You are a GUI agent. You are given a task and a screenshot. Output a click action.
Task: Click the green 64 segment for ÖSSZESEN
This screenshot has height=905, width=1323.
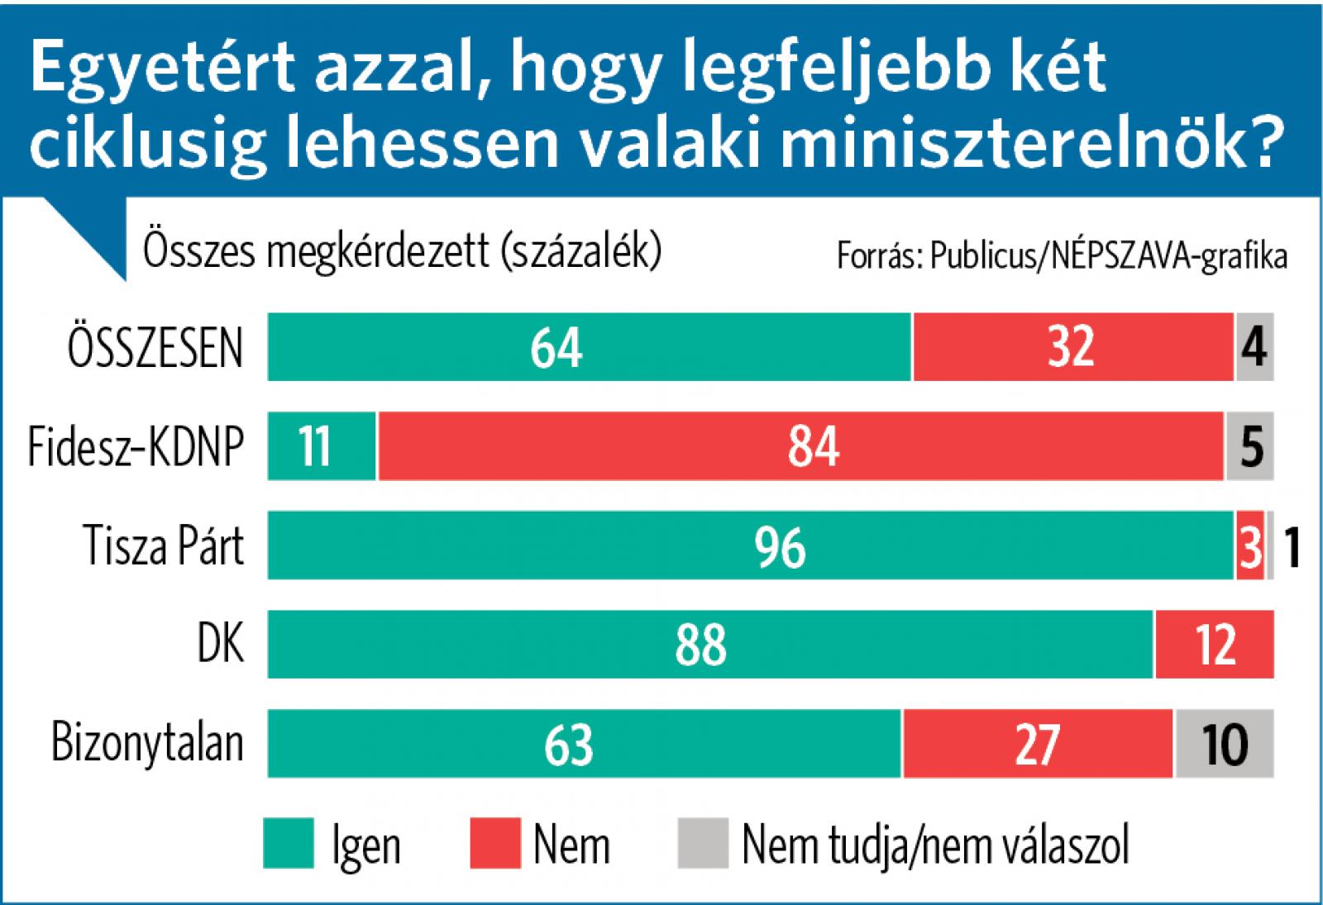pyautogui.click(x=589, y=347)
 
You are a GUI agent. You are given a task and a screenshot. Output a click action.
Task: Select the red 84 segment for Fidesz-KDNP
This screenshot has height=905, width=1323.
pyautogui.click(x=800, y=446)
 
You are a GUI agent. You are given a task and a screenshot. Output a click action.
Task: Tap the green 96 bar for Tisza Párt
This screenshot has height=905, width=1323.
pyautogui.click(x=750, y=545)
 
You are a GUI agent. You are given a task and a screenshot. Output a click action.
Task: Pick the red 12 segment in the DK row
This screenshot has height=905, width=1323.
pyautogui.click(x=1214, y=645)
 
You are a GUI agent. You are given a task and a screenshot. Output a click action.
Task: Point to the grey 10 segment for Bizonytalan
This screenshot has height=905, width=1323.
pyautogui.click(x=1224, y=744)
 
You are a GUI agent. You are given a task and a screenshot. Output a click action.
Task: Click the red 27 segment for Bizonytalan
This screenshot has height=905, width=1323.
pyautogui.click(x=1037, y=744)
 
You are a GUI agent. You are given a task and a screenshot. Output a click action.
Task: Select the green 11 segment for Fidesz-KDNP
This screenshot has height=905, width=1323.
pyautogui.click(x=322, y=446)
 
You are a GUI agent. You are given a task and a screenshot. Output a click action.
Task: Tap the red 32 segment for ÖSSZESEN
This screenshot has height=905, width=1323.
pyautogui.click(x=1072, y=347)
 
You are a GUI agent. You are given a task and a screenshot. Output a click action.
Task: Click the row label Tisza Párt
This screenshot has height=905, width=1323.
pyautogui.click(x=164, y=546)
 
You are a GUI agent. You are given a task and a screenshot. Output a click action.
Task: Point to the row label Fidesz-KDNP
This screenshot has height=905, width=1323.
pyautogui.click(x=136, y=447)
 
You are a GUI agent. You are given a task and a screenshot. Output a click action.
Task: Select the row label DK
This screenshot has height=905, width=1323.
pyautogui.click(x=221, y=645)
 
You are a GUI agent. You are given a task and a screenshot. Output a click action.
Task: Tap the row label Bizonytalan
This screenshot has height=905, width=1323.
pyautogui.click(x=147, y=744)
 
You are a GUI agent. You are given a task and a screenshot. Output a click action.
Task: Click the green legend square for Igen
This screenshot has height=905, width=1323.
pyautogui.click(x=289, y=844)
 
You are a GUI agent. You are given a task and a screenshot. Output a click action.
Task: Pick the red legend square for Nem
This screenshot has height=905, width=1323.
pyautogui.click(x=495, y=844)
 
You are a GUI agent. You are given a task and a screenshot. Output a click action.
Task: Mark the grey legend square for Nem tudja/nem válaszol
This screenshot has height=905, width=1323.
pyautogui.click(x=703, y=844)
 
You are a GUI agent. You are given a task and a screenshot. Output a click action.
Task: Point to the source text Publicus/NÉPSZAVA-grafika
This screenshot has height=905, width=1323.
pyautogui.click(x=1108, y=256)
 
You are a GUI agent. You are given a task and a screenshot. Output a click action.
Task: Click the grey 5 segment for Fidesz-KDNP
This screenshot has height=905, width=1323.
pyautogui.click(x=1249, y=446)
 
